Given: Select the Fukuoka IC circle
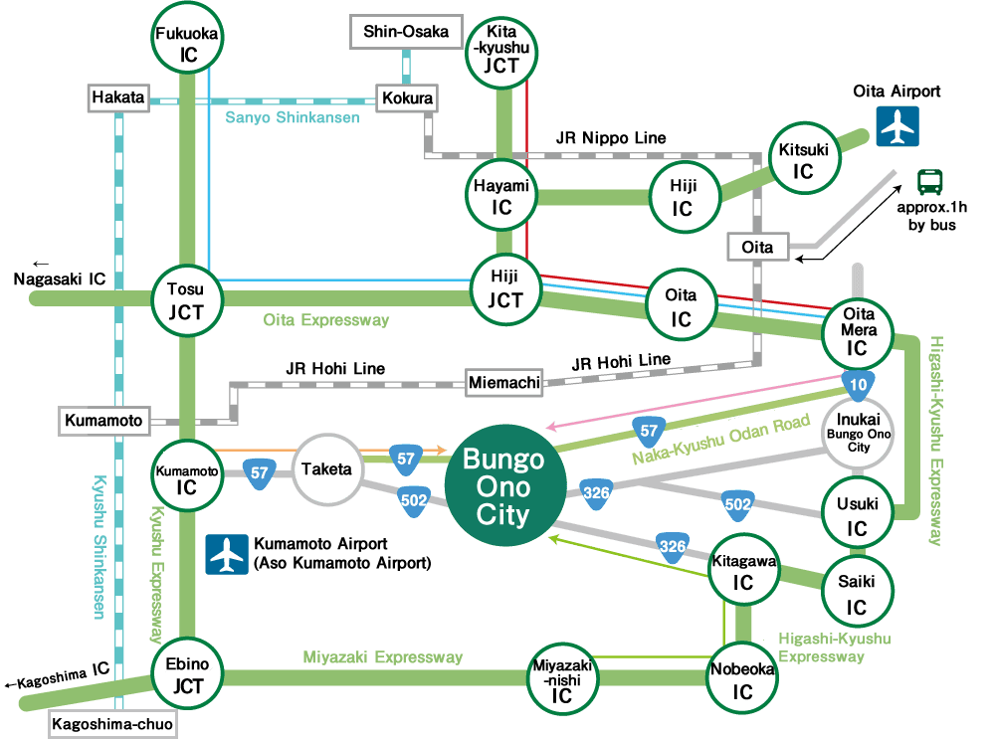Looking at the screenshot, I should pos(188,44).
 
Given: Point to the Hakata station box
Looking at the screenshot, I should pos(118,98).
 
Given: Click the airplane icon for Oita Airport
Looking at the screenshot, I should pos(898,125).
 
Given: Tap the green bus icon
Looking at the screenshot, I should pos(930,182).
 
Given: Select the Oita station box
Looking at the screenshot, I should pos(757,246).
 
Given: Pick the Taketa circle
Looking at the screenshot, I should pos(328,468).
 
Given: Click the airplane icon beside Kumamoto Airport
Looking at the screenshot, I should pos(227,554).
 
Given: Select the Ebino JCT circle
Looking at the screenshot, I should pos(187,676).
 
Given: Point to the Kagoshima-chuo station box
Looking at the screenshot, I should pos(110,726).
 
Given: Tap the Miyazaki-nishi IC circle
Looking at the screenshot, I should pos(562,679).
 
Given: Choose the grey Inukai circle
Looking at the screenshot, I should pos(858,434).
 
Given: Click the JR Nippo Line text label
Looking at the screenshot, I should pos(611,137).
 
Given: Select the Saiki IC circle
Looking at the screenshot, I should pos(857,594).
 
